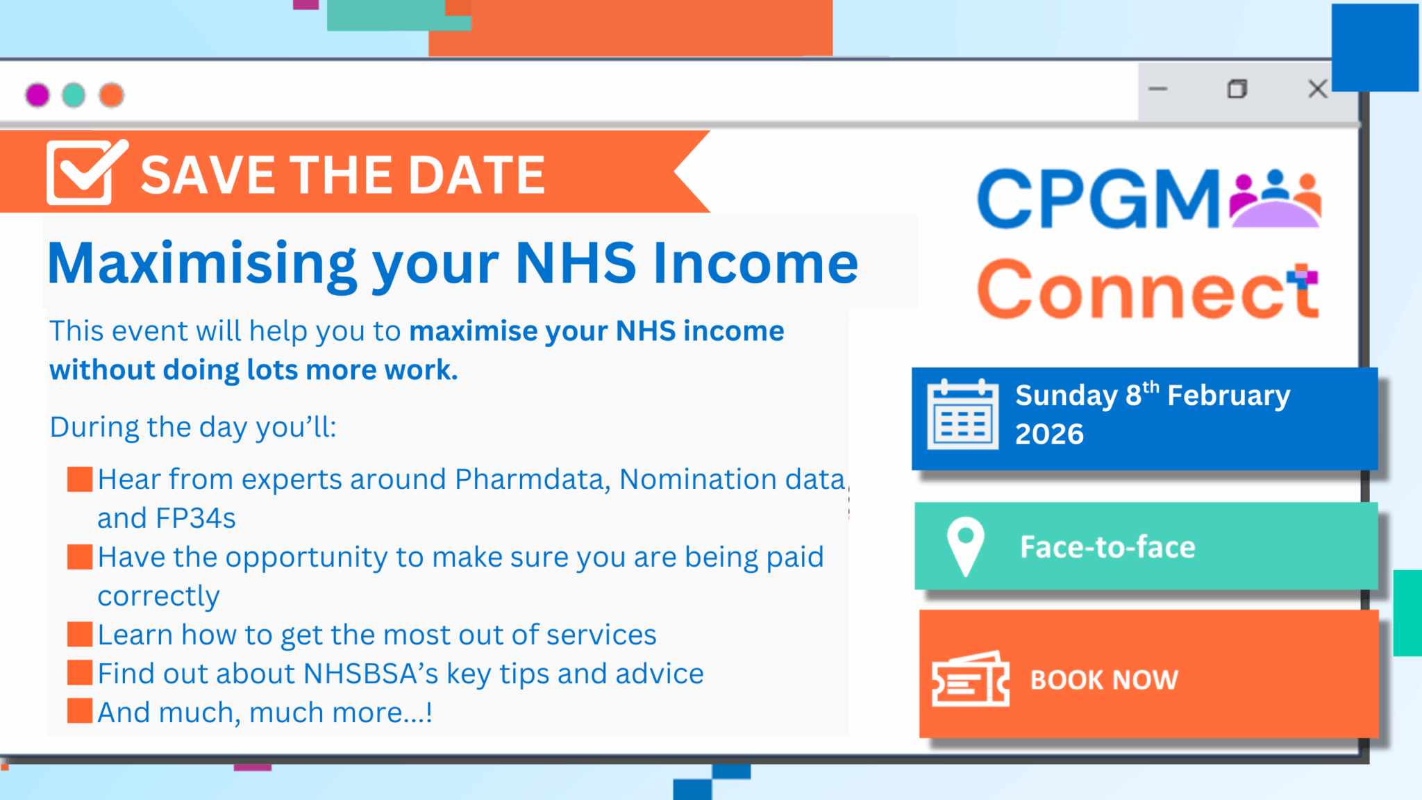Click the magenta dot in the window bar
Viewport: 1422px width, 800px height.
pos(37,94)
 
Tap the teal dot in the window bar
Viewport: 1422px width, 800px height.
pos(74,94)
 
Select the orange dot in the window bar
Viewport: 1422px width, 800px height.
pos(111,94)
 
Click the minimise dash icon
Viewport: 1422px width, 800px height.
pos(1158,89)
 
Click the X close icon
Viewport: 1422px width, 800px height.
pos(1317,89)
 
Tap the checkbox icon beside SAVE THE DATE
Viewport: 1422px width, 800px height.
pos(87,172)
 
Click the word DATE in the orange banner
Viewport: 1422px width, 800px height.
pos(476,174)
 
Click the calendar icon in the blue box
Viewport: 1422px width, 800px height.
pos(963,415)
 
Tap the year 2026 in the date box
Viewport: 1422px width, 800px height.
pos(1049,434)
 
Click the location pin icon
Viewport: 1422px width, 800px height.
pos(966,547)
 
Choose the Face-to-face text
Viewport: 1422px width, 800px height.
pos(1107,547)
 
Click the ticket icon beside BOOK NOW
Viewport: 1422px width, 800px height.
pos(970,679)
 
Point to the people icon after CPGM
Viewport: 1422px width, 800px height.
pos(1275,199)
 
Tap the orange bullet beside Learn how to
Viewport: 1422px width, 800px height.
pos(80,634)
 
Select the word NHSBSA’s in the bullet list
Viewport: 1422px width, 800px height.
pos(371,674)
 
